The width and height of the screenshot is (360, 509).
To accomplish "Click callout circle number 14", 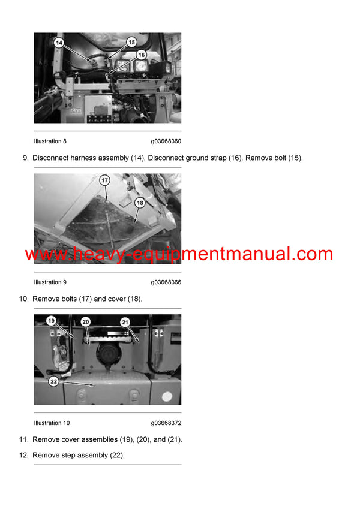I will pyautogui.click(x=59, y=43).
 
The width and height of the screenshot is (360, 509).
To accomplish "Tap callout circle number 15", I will pyautogui.click(x=131, y=42).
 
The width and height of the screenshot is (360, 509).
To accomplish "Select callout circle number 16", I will pyautogui.click(x=141, y=54).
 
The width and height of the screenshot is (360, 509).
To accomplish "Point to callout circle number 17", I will pyautogui.click(x=104, y=180).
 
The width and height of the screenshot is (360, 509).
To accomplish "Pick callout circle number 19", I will pyautogui.click(x=52, y=321).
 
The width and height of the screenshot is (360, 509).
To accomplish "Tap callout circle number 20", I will pyautogui.click(x=86, y=322).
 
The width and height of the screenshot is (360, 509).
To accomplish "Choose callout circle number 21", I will pyautogui.click(x=125, y=322).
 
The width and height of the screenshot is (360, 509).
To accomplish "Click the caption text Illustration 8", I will pyautogui.click(x=50, y=141).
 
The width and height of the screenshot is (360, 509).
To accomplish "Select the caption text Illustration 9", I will pyautogui.click(x=50, y=282).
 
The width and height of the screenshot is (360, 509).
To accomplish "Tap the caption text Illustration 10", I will pyautogui.click(x=52, y=423).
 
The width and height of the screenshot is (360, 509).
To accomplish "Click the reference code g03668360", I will pyautogui.click(x=166, y=141).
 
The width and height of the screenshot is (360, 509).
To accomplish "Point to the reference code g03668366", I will pyautogui.click(x=166, y=282).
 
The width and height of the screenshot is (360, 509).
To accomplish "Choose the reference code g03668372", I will pyautogui.click(x=166, y=423).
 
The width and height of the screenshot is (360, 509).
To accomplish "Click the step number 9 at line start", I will pyautogui.click(x=25, y=158).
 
